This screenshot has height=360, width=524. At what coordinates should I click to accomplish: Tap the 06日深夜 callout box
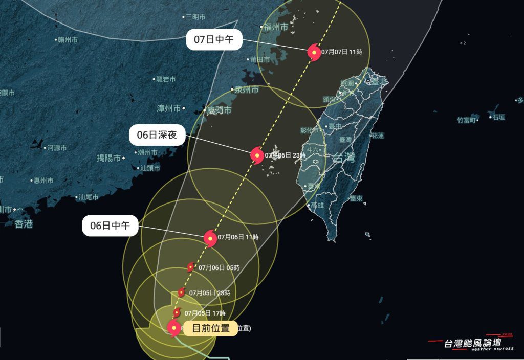click(x=157, y=136)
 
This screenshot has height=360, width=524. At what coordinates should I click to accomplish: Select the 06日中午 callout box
click(x=110, y=226)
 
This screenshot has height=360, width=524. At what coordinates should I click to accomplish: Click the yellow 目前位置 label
click(x=210, y=328)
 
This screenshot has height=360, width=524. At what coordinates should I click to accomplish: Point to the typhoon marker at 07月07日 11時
click(x=313, y=52)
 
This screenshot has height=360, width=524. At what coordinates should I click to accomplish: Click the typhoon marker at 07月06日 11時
click(x=210, y=238)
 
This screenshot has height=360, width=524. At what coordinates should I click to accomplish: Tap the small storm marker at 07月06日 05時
click(x=190, y=267)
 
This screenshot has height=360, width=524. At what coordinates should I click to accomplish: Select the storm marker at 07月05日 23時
click(x=181, y=293)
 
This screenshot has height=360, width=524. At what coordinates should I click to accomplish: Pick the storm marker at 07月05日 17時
click(x=177, y=313)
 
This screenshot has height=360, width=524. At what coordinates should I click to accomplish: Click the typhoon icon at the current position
click(x=174, y=328)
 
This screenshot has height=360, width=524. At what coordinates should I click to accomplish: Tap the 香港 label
click(x=24, y=223)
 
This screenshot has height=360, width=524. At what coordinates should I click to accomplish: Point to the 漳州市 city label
click(x=169, y=108)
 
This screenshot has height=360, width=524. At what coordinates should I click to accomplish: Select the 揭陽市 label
click(x=108, y=158)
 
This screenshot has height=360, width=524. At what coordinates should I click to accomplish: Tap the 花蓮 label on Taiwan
click(x=378, y=136)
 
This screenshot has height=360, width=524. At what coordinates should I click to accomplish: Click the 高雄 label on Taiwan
click(x=316, y=205)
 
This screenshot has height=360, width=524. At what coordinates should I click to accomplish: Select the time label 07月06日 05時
click(x=219, y=267)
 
